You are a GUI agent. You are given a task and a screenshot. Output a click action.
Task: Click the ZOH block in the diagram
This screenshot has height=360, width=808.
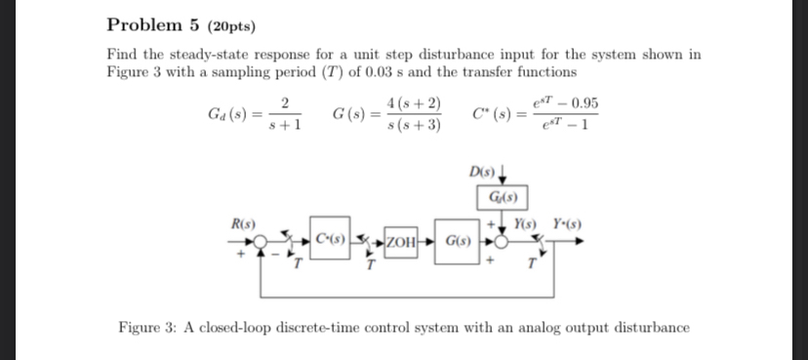[402, 240]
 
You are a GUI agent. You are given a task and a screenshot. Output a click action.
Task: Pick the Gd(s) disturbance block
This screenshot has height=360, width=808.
[505, 201]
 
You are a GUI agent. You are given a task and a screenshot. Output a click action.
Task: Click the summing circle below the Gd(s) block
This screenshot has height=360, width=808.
[503, 240]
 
